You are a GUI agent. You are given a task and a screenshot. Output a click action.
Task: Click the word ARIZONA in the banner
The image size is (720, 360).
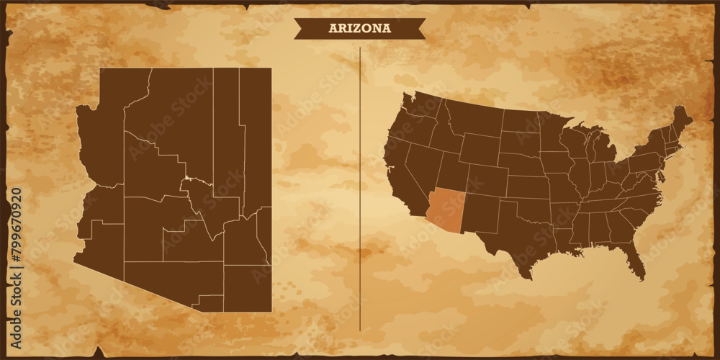359,28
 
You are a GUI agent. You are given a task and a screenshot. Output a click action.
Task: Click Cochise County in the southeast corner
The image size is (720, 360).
247,288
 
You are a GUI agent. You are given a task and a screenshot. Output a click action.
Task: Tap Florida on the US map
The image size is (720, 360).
634,256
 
